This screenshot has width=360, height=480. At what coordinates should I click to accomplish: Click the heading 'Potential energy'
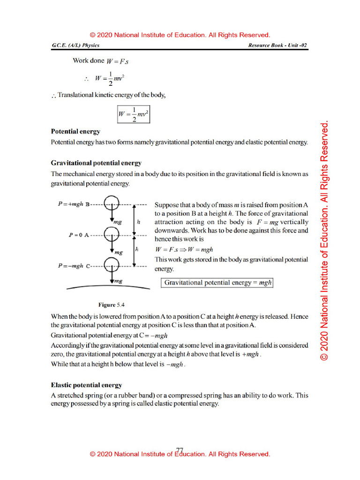click(x=75, y=132)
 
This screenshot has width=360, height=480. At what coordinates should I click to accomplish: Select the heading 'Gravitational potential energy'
click(x=96, y=163)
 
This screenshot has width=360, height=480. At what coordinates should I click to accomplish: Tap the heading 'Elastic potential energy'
click(x=86, y=385)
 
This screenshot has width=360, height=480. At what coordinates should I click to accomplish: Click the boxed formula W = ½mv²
click(x=134, y=114)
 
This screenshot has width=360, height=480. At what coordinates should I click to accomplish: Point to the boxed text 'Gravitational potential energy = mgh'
click(x=217, y=283)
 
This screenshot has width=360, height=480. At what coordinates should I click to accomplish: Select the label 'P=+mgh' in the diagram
click(x=71, y=204)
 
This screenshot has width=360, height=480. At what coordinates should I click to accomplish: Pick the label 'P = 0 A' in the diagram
click(x=78, y=235)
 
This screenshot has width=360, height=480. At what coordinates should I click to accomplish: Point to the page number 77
click(x=180, y=450)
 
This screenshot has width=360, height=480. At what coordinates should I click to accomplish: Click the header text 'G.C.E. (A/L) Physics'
click(x=75, y=45)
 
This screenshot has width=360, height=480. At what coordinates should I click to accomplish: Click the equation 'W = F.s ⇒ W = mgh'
click(x=184, y=250)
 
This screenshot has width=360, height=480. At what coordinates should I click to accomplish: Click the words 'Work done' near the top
click(x=89, y=60)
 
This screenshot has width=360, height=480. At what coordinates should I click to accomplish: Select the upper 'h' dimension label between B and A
click(x=139, y=220)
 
